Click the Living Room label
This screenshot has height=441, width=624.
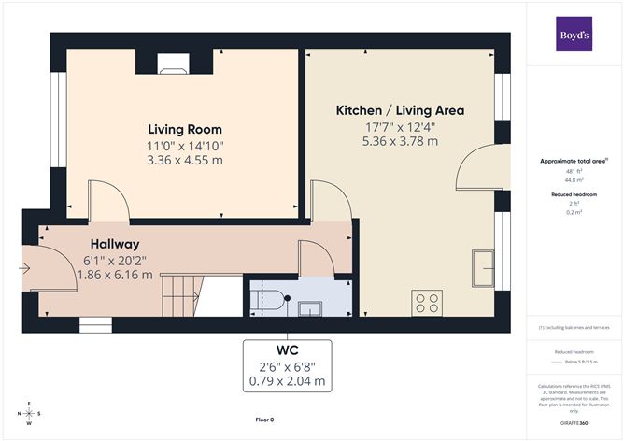[x=184, y=129]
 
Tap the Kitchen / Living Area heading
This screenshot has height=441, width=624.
[x=400, y=110]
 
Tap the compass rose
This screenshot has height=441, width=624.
[x=30, y=413]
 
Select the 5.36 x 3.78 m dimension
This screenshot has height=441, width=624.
[x=400, y=141]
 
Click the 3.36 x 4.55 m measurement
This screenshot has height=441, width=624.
[x=185, y=160]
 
